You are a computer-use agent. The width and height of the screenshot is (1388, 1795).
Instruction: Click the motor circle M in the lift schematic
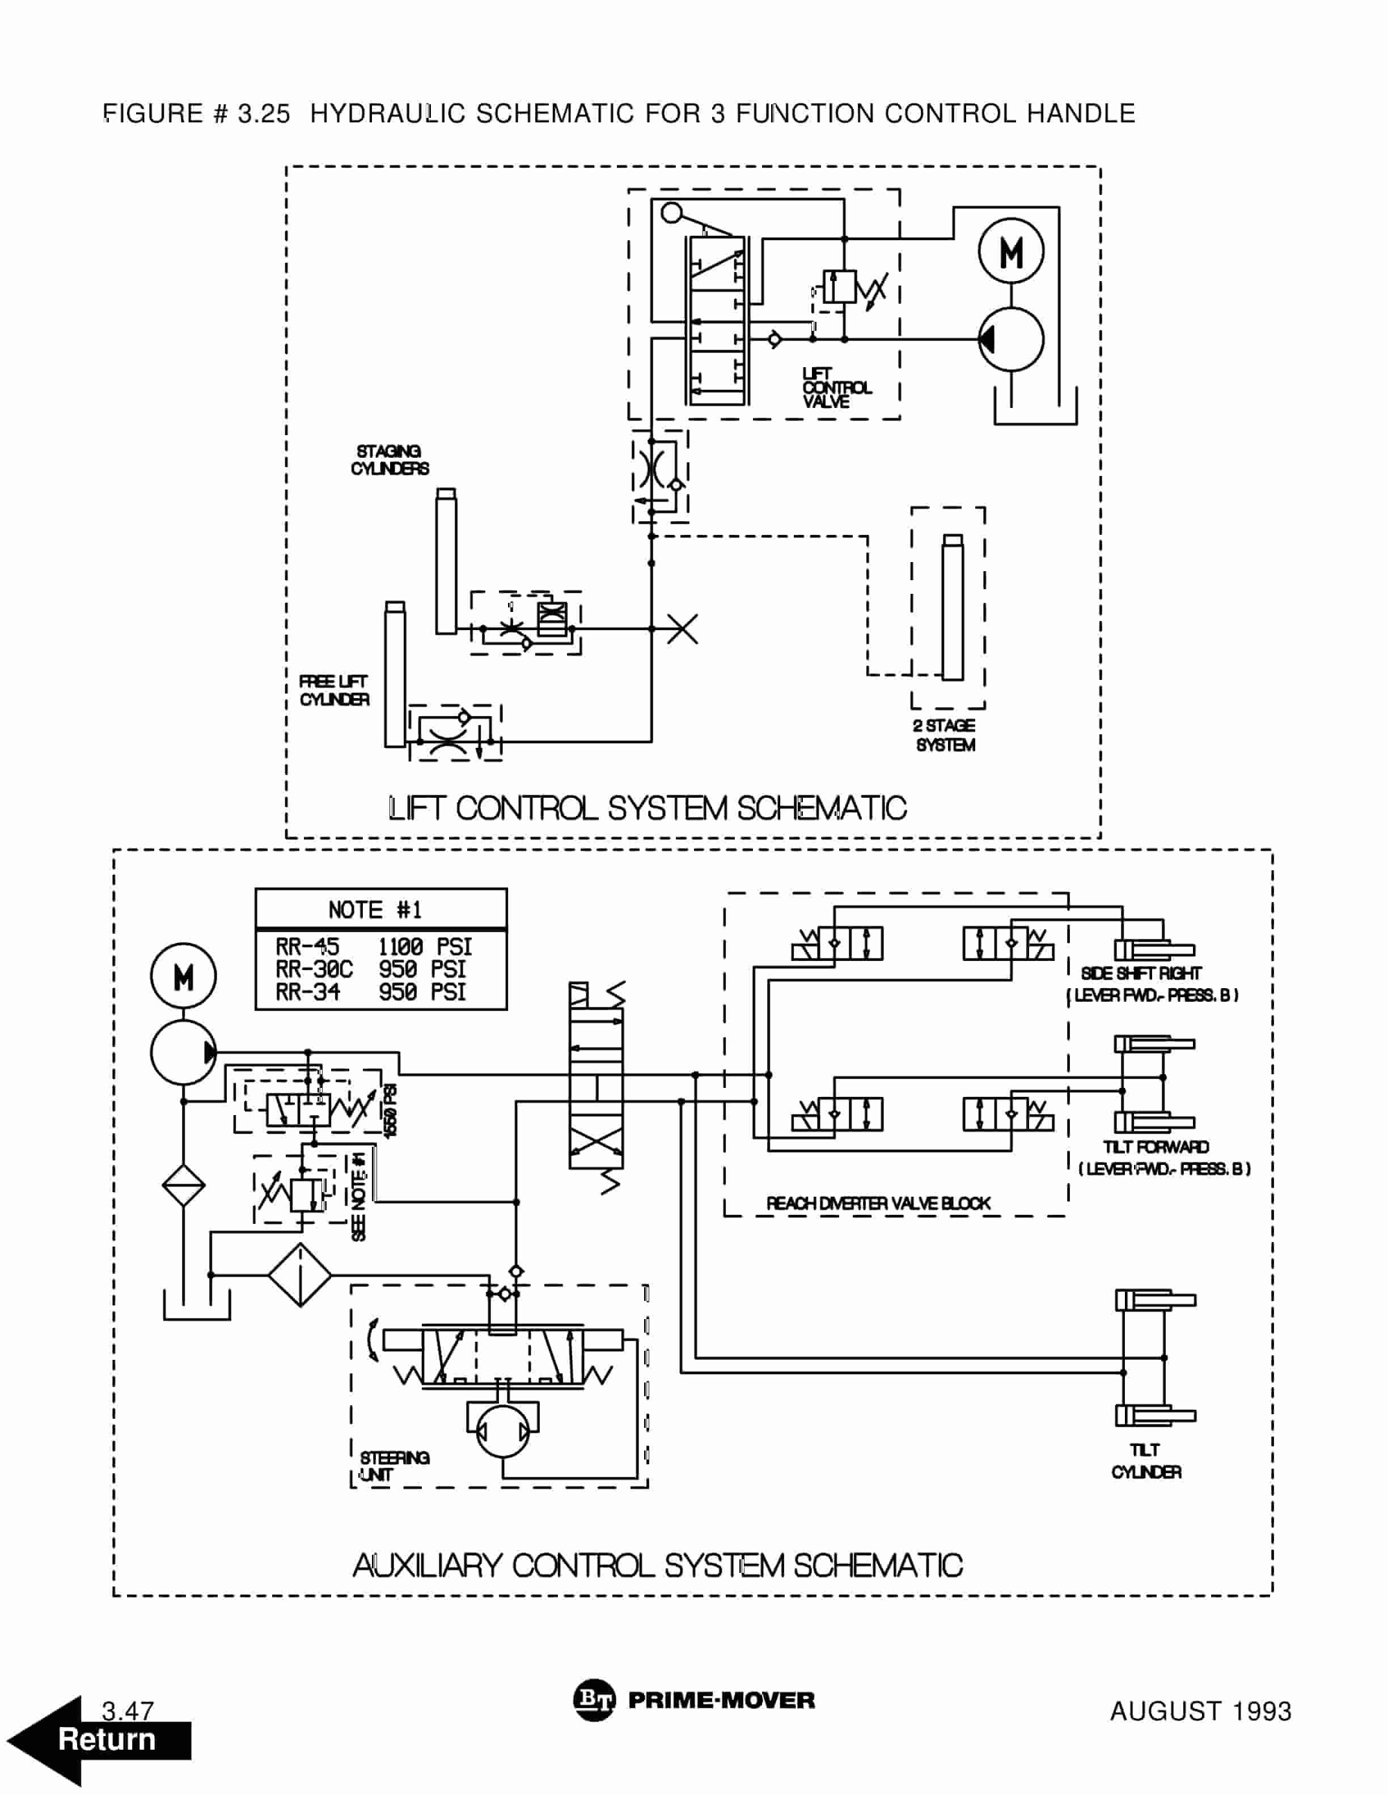[x=1010, y=252]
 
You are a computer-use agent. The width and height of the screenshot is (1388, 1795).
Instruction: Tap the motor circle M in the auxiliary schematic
[x=183, y=976]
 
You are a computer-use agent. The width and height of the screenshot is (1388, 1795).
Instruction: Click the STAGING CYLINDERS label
[x=390, y=460]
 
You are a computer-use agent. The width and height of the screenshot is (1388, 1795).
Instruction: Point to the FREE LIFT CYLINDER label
[x=334, y=690]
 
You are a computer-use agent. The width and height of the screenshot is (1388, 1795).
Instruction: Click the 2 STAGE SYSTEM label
[x=945, y=735]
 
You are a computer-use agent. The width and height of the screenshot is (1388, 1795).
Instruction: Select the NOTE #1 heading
[x=375, y=910]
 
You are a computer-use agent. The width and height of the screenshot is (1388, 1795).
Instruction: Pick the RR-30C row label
[x=314, y=970]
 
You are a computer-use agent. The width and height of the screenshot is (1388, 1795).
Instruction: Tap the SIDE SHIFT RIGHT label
[x=1140, y=973]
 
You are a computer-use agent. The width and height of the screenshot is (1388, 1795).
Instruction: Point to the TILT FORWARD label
[x=1156, y=1147]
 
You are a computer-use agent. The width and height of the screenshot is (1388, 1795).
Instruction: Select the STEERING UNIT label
[x=394, y=1466]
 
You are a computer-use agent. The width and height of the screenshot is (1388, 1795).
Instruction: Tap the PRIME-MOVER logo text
[x=721, y=1700]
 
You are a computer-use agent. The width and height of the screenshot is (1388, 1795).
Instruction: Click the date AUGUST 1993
[x=1200, y=1711]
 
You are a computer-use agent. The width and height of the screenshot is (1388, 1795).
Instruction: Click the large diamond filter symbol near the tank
[x=299, y=1275]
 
